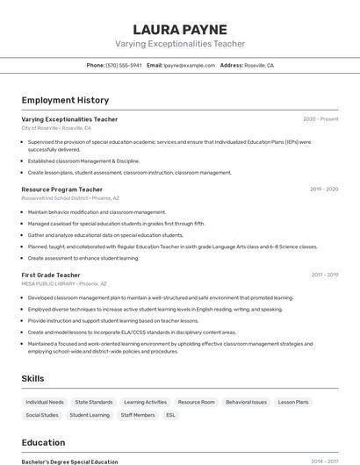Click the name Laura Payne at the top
pos(180,29)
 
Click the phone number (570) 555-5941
pos(124,65)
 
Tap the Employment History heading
pos(65,100)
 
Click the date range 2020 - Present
pos(320,119)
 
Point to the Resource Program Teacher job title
pos(62,190)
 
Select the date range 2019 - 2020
pos(324,190)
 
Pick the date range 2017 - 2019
pos(324,275)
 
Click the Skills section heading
pos(33,378)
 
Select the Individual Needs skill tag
pos(45,402)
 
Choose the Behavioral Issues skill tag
pos(246,402)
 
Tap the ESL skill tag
pos(170,415)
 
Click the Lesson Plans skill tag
pos(293,402)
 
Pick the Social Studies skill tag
pos(42,415)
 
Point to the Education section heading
pos(43,442)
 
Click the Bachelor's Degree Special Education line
pos(69,461)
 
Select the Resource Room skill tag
pos(196,402)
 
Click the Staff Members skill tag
pos(138,415)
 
